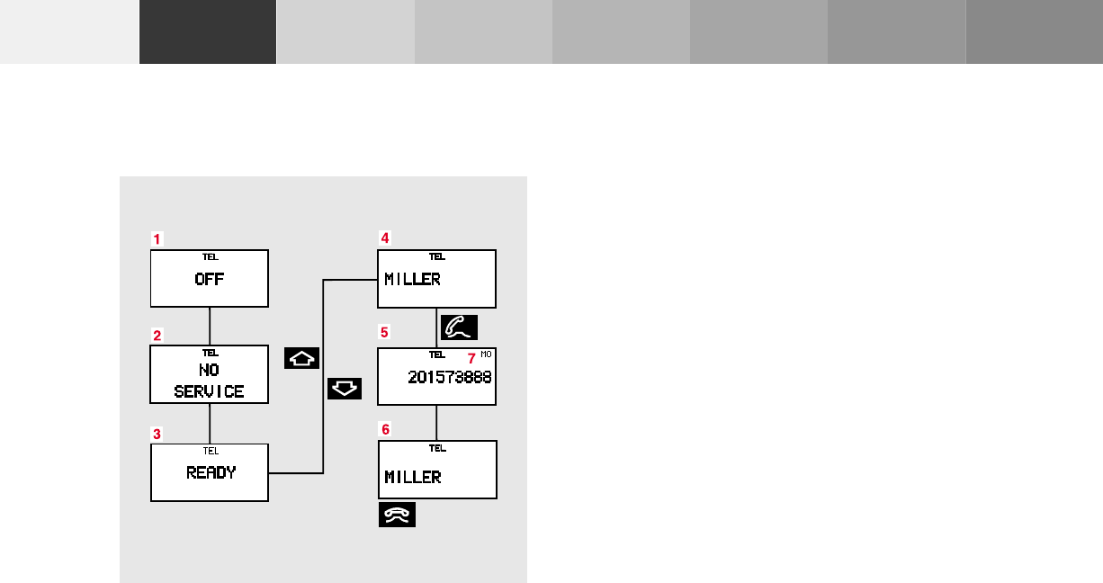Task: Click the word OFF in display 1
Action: click(209, 279)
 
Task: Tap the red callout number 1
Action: click(157, 239)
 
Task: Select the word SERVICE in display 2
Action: click(209, 391)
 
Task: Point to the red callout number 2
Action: click(157, 336)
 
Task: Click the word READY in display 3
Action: click(211, 471)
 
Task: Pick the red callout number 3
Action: click(157, 433)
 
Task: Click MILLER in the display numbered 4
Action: click(412, 279)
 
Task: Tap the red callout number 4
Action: click(385, 238)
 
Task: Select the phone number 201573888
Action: click(449, 377)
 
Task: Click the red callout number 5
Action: click(384, 332)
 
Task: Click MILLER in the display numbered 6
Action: click(412, 477)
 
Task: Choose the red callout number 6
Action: click(384, 431)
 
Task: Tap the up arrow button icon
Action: click(301, 358)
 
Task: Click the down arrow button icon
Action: click(344, 389)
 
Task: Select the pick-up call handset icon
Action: click(459, 327)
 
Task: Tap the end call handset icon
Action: click(397, 516)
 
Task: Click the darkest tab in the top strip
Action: click(208, 31)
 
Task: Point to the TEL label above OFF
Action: click(210, 257)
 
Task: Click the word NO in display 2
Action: click(209, 370)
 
